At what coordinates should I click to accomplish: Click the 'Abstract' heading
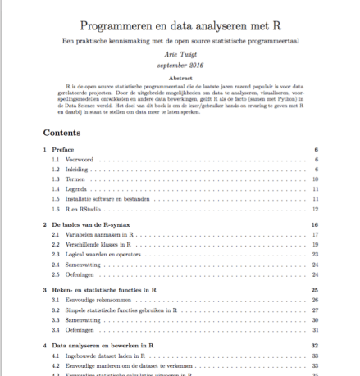(x=180, y=78)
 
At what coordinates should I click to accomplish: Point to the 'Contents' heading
(x=61, y=131)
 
